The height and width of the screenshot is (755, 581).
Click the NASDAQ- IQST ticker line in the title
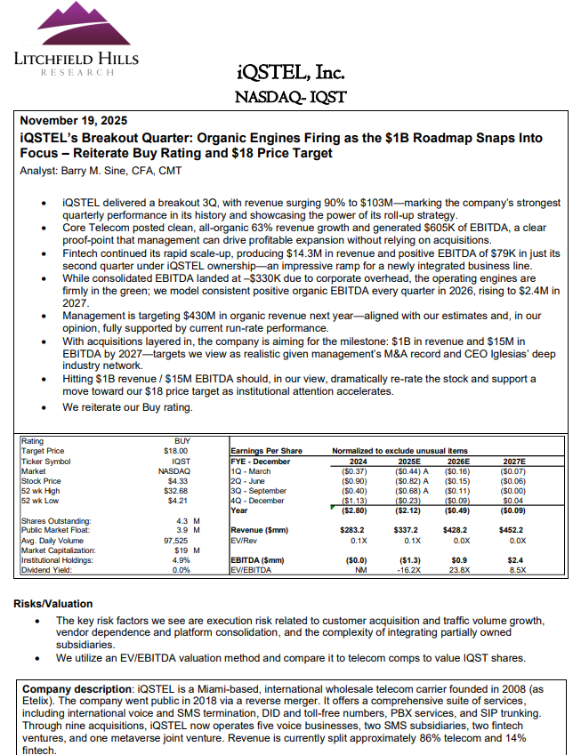(x=290, y=96)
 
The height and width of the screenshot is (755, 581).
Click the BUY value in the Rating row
(x=181, y=441)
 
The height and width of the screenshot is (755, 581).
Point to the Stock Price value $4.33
(x=180, y=480)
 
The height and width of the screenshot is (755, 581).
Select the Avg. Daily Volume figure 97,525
(x=176, y=540)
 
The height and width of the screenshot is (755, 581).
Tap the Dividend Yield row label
(x=45, y=569)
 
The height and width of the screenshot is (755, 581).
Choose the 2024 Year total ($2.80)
(x=353, y=510)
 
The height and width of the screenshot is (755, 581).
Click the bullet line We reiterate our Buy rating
(x=128, y=407)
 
